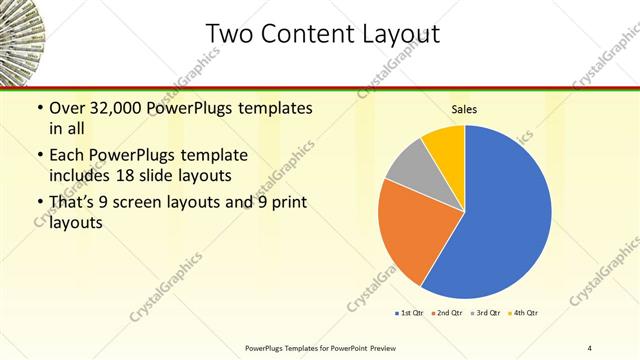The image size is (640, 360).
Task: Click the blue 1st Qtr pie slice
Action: (500, 215)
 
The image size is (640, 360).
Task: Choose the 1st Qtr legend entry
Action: (410, 314)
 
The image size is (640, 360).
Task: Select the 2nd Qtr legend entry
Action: (448, 314)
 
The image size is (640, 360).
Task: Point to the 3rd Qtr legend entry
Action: (487, 314)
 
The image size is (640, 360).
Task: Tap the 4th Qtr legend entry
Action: (525, 314)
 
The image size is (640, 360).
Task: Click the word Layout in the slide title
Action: (393, 34)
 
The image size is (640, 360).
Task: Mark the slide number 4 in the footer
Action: (590, 347)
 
